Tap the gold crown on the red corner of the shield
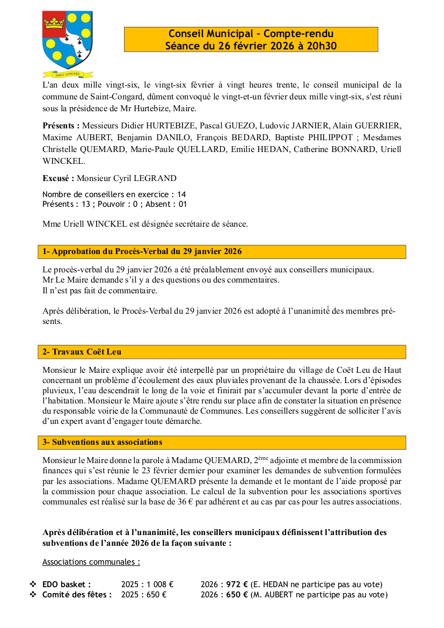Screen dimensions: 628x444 [54, 23]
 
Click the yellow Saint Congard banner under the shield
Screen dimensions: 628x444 [68, 74]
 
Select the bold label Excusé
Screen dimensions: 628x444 [58, 178]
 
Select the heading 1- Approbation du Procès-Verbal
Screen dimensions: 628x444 [142, 251]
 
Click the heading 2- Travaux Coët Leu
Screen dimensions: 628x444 [82, 352]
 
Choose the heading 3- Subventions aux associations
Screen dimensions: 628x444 [102, 442]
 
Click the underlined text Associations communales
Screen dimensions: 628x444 [91, 562]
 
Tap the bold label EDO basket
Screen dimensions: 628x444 [67, 584]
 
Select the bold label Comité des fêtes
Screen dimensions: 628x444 [77, 595]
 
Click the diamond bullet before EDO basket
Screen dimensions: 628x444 [33, 584]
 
